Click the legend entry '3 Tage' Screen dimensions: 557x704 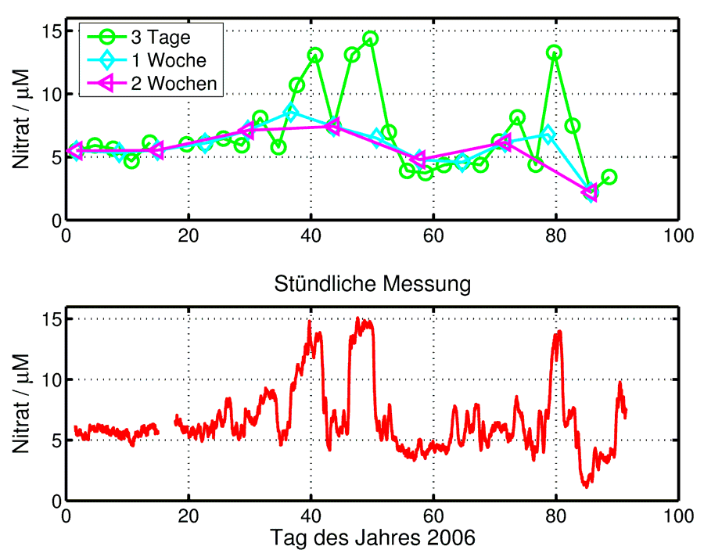click(x=160, y=36)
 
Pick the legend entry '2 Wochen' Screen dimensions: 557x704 click(x=174, y=84)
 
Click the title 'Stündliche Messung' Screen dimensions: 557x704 click(x=372, y=284)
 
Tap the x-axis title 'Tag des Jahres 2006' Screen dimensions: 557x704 click(x=372, y=539)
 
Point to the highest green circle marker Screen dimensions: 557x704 click(x=370, y=39)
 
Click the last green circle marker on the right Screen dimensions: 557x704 click(x=609, y=178)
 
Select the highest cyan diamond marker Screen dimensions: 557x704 click(x=291, y=113)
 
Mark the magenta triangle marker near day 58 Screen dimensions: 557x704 click(x=419, y=160)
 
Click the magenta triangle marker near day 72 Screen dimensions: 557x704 click(x=505, y=142)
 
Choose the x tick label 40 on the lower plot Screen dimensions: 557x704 click(x=311, y=516)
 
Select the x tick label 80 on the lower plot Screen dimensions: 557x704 click(x=555, y=516)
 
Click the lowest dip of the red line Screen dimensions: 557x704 click(x=585, y=487)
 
